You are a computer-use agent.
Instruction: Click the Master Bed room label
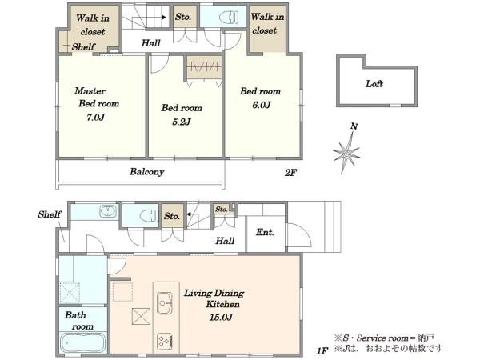pos(97,98)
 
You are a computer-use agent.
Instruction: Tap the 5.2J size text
pos(182,122)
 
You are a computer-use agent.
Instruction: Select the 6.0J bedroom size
pos(262,105)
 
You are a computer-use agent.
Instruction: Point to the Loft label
pos(374,83)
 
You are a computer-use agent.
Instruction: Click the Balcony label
pos(146,172)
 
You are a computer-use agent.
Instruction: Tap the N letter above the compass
pos(354,126)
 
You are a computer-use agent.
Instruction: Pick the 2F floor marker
pos(290,173)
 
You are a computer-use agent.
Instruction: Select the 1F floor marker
pos(322,351)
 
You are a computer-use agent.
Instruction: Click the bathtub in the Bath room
pos(83,343)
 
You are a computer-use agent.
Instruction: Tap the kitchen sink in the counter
pos(164,302)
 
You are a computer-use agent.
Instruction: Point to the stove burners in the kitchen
pos(164,342)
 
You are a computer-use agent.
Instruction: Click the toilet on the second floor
pos(229,18)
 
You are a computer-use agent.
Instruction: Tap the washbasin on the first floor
pos(108,211)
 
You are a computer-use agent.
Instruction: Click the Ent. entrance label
pos(265,232)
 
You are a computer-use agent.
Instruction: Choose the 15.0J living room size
pos(221,317)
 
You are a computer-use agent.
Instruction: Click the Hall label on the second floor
pos(150,43)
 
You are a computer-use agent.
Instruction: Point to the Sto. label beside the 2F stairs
pos(183,17)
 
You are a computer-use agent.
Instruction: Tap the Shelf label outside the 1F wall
pos(50,214)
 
